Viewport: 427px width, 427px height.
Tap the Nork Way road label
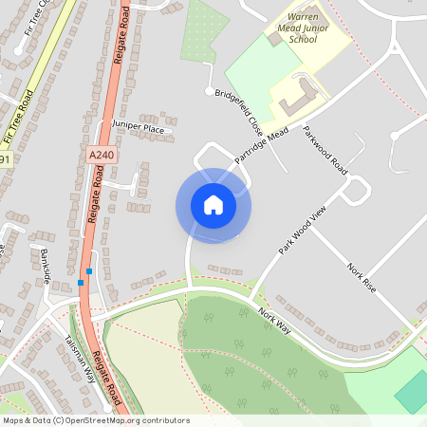(x=275, y=321)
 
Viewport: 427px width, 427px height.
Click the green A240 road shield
(x=98, y=153)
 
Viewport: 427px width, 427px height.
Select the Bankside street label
(x=44, y=266)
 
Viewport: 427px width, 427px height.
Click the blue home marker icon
(x=213, y=205)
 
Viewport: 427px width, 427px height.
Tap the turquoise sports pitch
(x=413, y=391)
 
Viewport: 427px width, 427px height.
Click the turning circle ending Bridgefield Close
(x=208, y=91)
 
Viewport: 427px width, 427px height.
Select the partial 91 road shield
(x=4, y=160)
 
